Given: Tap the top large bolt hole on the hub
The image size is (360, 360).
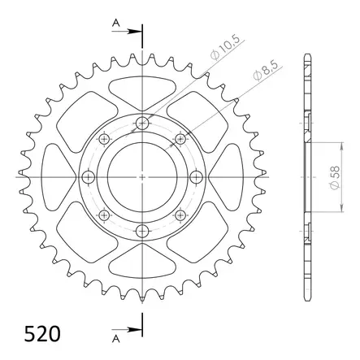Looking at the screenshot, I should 142,123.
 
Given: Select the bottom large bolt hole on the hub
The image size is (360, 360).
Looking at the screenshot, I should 142,231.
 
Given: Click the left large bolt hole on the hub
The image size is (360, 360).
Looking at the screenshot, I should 89,176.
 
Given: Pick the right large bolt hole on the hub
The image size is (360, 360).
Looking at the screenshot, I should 196,176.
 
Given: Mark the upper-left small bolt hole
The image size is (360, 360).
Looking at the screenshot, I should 104,139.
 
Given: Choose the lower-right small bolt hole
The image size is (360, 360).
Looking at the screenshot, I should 180,215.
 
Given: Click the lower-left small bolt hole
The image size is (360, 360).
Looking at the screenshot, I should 104,215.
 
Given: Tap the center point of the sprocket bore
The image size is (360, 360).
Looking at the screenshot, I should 142,176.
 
